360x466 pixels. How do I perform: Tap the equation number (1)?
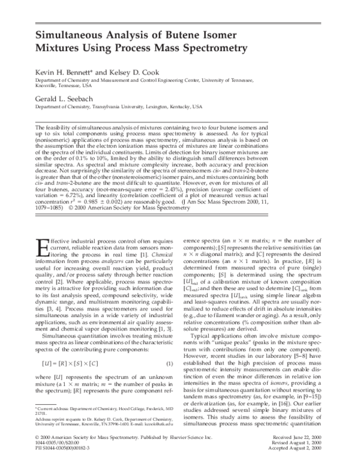click(170, 346)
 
